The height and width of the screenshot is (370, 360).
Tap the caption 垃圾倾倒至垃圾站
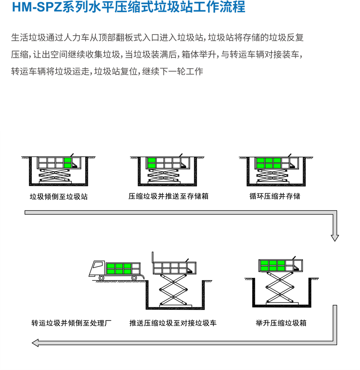[x=58, y=196]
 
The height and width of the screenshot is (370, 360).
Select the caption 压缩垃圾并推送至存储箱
[x=168, y=196]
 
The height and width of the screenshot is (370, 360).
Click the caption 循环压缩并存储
[x=275, y=196]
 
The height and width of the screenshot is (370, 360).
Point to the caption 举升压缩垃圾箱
[x=281, y=323]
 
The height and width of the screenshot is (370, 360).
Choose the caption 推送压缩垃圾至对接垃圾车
[x=173, y=323]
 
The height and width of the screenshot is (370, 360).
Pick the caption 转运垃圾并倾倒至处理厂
[x=71, y=323]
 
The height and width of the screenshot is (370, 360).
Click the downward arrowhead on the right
[x=335, y=238]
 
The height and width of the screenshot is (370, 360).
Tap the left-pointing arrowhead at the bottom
[x=35, y=343]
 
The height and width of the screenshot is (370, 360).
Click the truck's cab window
[x=97, y=265]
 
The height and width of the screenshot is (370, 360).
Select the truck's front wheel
[x=101, y=278]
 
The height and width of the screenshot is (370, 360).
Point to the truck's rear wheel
[x=134, y=278]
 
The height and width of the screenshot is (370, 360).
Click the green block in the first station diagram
[x=68, y=163]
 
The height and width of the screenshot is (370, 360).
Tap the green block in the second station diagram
[x=151, y=163]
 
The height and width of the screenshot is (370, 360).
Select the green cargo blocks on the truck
[x=119, y=269]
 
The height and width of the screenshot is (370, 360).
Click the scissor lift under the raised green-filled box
[x=280, y=287]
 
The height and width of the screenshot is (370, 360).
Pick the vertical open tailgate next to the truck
[x=153, y=257]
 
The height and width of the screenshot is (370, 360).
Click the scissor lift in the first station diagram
[x=55, y=175]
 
